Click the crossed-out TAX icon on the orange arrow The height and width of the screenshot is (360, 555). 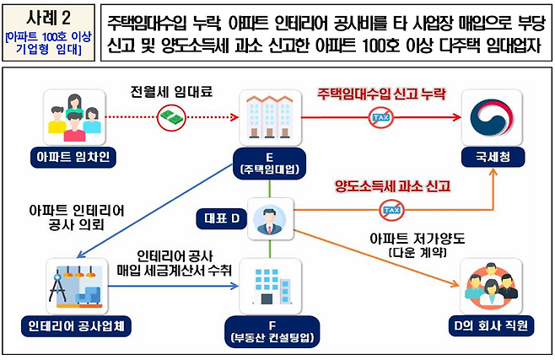pyautogui.click(x=391, y=207)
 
